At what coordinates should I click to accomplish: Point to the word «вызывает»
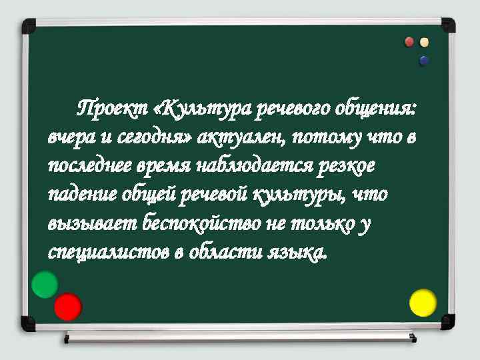[x=91, y=223]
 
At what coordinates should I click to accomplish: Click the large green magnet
[x=45, y=285]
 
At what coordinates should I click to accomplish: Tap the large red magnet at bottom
[x=67, y=307]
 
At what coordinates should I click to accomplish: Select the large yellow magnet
[x=423, y=302]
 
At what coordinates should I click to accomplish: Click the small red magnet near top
[x=410, y=42]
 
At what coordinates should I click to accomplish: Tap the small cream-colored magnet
[x=424, y=42]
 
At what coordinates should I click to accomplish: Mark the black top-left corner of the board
[x=29, y=26]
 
